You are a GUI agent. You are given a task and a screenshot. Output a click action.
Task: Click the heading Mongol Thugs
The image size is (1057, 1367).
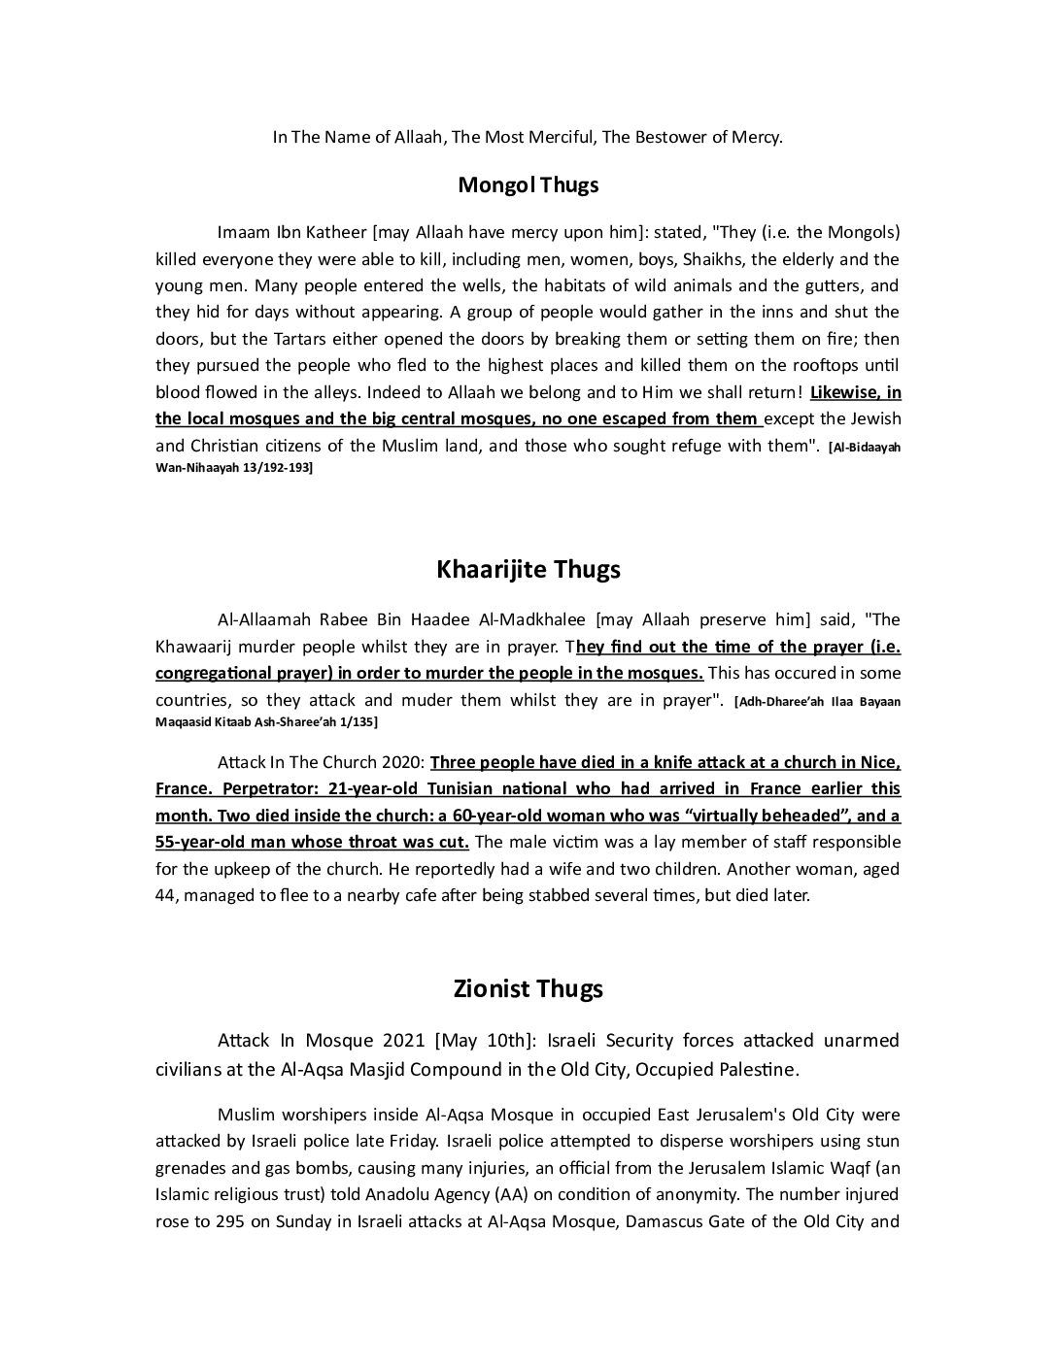point(528,184)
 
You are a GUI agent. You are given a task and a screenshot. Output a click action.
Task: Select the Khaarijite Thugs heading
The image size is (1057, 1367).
point(528,569)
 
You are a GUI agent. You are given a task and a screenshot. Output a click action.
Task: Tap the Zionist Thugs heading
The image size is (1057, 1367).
point(528,988)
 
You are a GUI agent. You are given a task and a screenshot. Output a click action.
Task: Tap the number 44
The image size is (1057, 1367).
point(164,895)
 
